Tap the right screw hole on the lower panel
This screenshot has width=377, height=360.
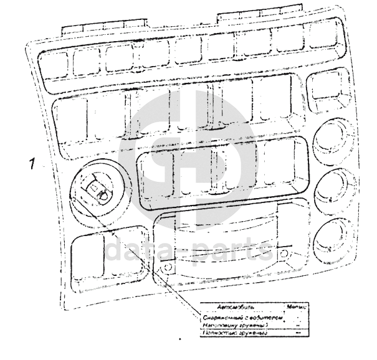click(284, 254)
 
